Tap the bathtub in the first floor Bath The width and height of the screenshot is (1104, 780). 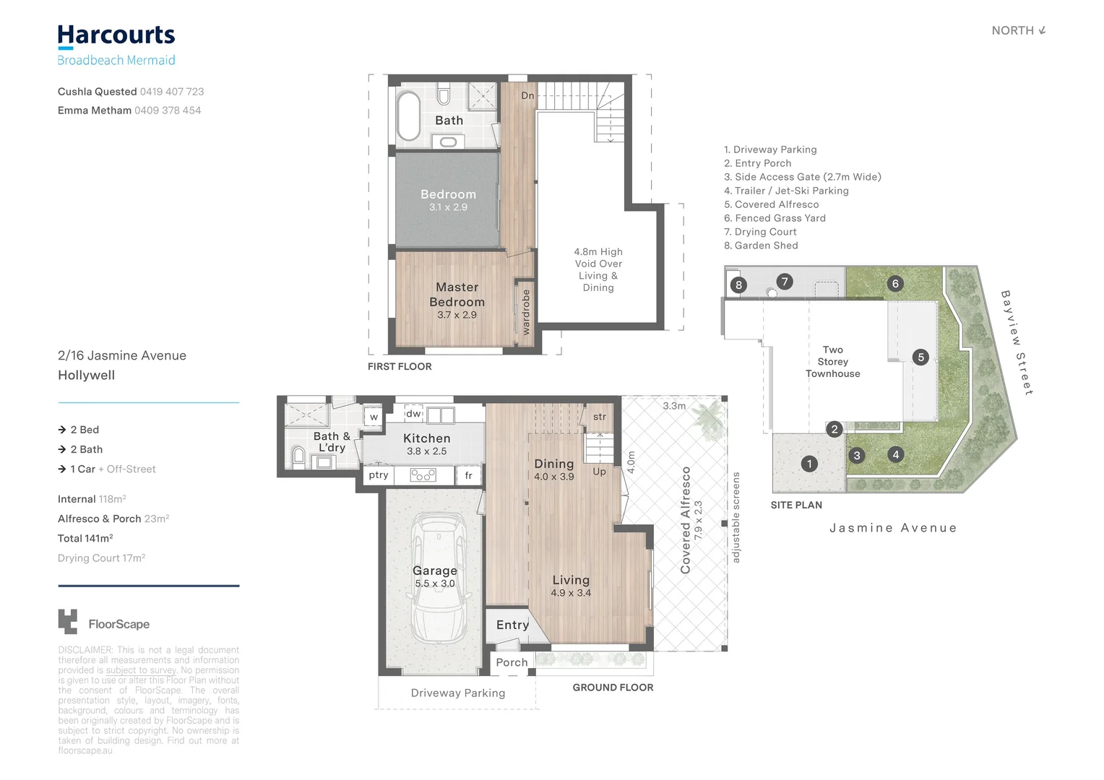coord(409,116)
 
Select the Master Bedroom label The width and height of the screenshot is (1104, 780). coord(457,295)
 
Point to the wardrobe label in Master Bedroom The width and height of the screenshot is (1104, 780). coord(526,311)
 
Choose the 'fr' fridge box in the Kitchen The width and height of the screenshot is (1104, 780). coord(468,475)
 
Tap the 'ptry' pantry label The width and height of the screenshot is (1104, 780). coord(379,475)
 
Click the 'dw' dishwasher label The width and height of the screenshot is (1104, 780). coord(413,414)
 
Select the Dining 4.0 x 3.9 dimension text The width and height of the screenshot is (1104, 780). coord(554,477)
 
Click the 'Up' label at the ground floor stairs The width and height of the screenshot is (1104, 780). coord(599,472)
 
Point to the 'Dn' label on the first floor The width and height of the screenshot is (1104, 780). coord(527,95)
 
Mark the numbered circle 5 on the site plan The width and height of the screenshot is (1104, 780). coord(920,357)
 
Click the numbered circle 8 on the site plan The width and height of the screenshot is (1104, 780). coord(738,285)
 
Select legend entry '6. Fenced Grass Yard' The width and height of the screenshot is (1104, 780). coord(775,218)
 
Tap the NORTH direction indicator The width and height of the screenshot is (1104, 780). coord(1018,30)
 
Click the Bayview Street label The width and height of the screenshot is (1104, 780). coord(1017,342)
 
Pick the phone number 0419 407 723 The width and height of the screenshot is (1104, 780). coord(172,92)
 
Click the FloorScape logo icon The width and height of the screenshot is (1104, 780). coord(67,622)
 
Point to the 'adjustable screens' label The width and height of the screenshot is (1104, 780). coord(736,517)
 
